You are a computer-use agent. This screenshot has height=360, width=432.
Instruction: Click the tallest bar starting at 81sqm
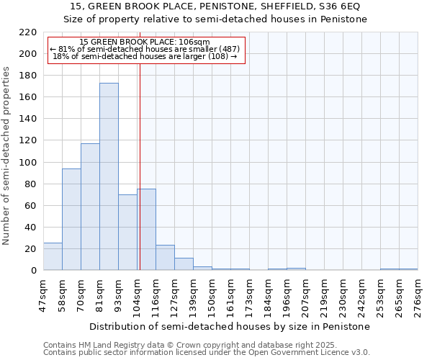tap(109, 176)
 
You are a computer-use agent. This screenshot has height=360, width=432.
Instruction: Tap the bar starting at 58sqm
tap(71, 220)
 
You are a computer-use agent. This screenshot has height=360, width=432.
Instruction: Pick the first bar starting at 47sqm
tap(53, 256)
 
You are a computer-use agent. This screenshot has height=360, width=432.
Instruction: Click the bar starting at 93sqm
tap(127, 233)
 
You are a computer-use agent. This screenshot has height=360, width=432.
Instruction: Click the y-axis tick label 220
tap(28, 32)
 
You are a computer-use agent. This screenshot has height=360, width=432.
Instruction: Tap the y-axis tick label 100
tap(28, 163)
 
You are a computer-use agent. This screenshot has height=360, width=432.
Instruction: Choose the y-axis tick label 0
tap(34, 271)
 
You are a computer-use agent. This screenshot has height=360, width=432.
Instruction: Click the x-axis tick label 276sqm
tap(418, 297)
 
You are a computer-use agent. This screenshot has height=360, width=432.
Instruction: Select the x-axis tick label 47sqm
tap(43, 297)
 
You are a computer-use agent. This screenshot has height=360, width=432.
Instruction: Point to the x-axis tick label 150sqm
tap(212, 297)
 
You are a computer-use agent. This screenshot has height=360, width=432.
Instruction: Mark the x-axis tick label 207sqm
tap(305, 297)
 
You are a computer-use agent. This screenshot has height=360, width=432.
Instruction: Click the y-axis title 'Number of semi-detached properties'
tap(7, 156)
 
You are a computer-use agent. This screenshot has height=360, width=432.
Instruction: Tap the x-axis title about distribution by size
tap(230, 326)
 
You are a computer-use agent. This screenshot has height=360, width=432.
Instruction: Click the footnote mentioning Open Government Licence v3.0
tap(207, 353)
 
